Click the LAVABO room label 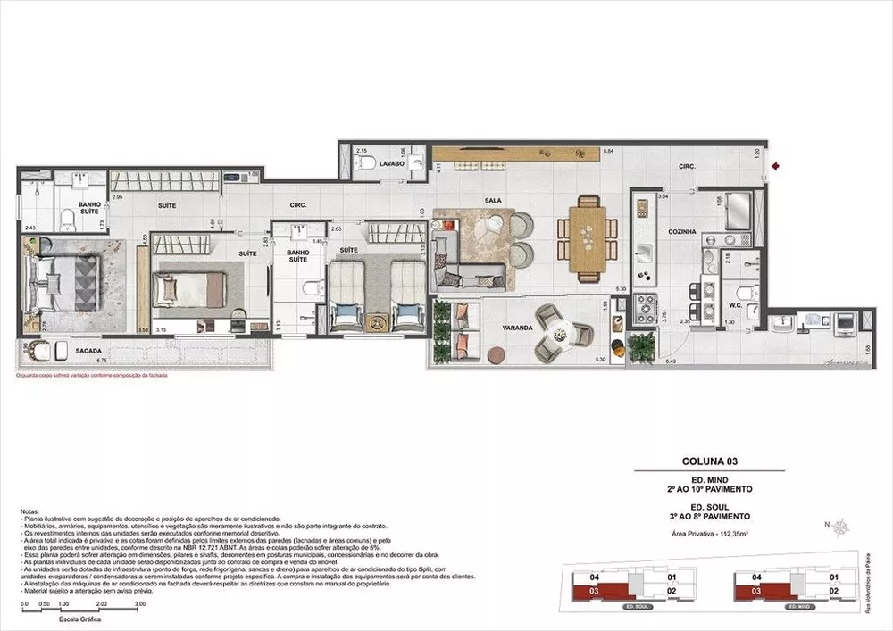(392, 165)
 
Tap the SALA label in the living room (491, 201)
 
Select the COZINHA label (681, 231)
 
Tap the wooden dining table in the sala (588, 232)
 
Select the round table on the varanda (559, 335)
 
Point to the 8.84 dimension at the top (607, 151)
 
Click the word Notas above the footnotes (29, 512)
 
